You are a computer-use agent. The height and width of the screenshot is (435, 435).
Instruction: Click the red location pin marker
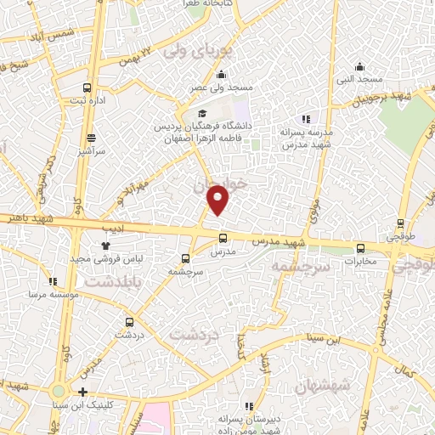click(x=218, y=200)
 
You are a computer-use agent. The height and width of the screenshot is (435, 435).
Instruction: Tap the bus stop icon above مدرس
click(x=223, y=238)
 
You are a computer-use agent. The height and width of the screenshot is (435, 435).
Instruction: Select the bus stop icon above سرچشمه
click(x=186, y=257)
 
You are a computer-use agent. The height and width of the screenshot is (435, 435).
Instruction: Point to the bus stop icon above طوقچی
click(x=401, y=224)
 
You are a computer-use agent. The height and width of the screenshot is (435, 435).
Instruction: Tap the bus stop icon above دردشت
click(x=129, y=322)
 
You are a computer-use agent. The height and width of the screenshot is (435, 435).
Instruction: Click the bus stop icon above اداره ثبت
click(x=88, y=87)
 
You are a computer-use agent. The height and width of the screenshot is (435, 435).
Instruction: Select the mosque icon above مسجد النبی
click(x=360, y=66)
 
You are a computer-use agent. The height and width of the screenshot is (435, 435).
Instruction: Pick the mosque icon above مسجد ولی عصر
click(x=199, y=74)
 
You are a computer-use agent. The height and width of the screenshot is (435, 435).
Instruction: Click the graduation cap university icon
click(x=202, y=114)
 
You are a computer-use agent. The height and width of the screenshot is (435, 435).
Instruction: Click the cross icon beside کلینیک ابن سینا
click(x=82, y=392)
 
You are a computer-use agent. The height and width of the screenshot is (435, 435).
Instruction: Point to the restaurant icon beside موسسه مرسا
click(x=53, y=281)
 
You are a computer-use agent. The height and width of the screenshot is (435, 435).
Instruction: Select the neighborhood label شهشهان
click(x=322, y=386)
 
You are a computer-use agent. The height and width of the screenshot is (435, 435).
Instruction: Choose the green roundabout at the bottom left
click(x=58, y=391)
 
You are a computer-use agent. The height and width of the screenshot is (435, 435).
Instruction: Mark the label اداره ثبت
click(x=88, y=100)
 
